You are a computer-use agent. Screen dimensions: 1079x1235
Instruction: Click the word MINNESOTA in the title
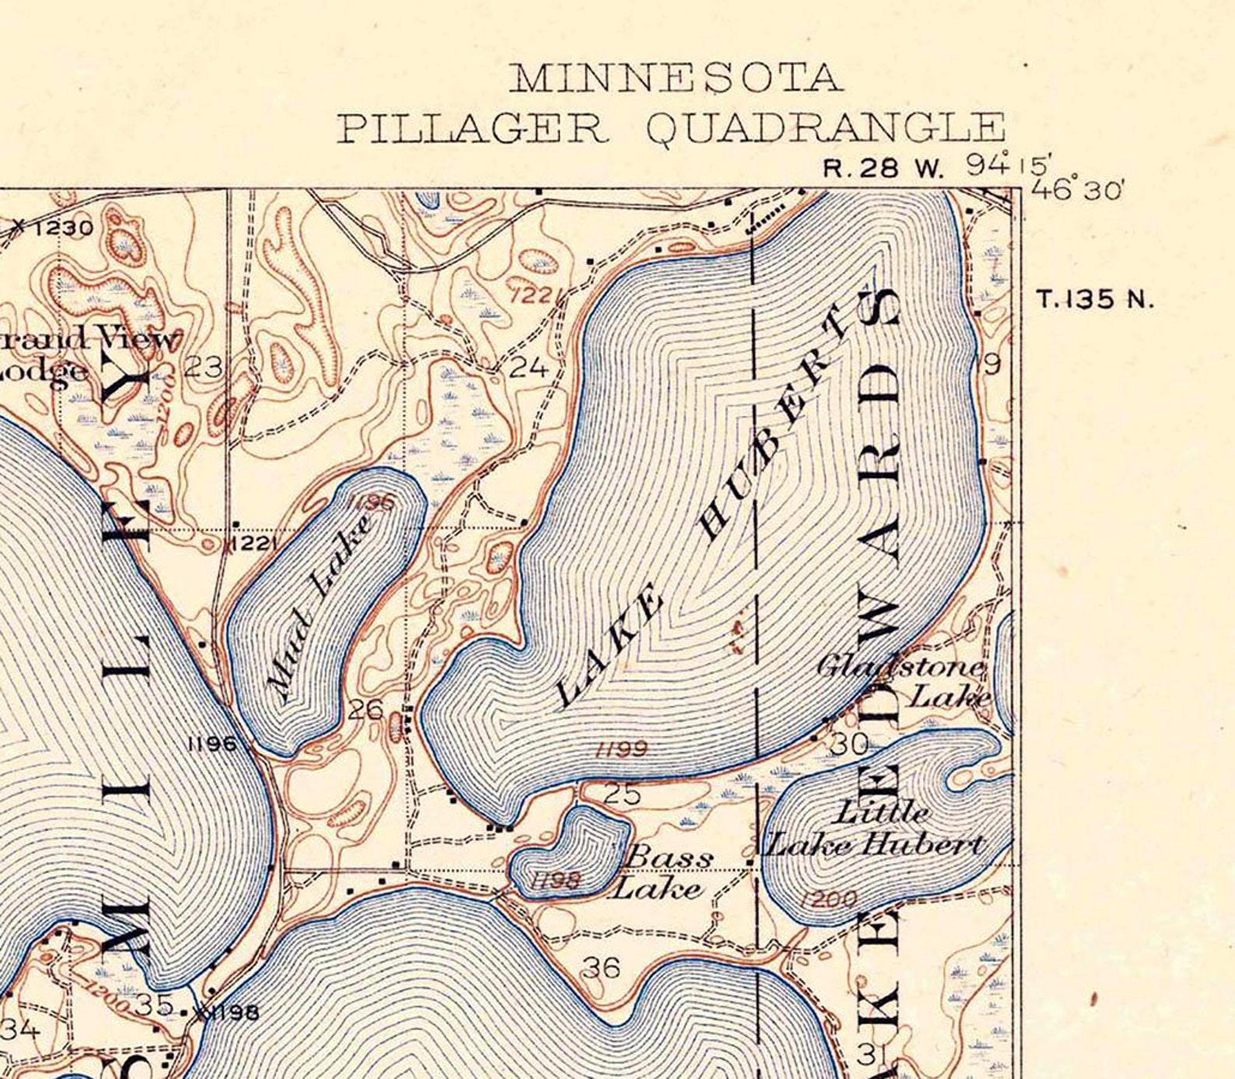pyautogui.click(x=675, y=79)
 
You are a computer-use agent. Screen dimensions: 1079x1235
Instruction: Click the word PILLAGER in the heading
pyautogui.click(x=471, y=128)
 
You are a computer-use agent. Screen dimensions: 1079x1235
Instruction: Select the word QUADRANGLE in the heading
pyautogui.click(x=826, y=129)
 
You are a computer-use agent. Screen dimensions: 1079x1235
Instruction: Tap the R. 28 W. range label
pyautogui.click(x=882, y=169)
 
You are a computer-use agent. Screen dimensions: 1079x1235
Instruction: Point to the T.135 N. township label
pyautogui.click(x=1095, y=299)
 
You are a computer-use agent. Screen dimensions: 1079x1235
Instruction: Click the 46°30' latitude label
pyautogui.click(x=1078, y=189)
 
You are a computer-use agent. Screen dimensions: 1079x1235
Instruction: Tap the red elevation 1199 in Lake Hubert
pyautogui.click(x=621, y=749)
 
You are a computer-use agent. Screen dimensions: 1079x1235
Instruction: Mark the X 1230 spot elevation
pyautogui.click(x=54, y=228)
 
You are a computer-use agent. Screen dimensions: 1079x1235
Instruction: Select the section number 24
pyautogui.click(x=529, y=367)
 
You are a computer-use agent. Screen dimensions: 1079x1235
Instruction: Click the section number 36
pyautogui.click(x=601, y=968)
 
